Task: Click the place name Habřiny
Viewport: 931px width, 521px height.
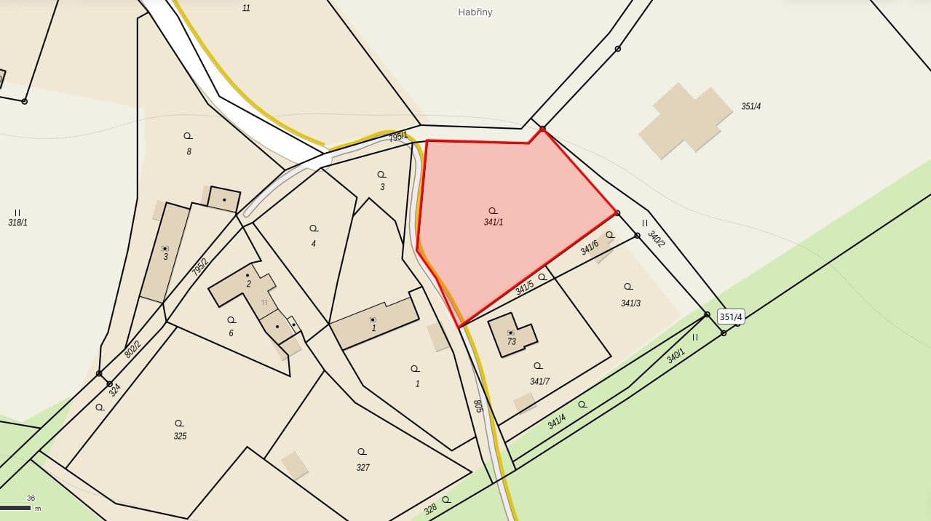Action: (475, 12)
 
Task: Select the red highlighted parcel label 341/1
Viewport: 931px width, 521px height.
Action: (494, 222)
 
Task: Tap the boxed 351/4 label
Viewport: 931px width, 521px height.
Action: (731, 317)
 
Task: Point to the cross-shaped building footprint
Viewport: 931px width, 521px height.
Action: (685, 120)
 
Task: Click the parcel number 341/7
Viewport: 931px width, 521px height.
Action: (539, 381)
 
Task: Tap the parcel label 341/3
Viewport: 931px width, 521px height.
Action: (630, 303)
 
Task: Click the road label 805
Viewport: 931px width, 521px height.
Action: (478, 406)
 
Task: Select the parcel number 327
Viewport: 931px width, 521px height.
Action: (363, 467)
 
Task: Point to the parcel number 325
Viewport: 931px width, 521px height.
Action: (180, 436)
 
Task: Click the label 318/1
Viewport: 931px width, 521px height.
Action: (17, 222)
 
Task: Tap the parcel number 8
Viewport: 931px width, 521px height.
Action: (189, 151)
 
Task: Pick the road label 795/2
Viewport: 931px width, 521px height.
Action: (199, 267)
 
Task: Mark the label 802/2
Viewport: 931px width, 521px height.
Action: (132, 349)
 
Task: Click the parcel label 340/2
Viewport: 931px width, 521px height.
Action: (656, 239)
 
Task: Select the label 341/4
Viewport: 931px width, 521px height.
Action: (557, 421)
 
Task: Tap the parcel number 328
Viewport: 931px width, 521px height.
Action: (430, 509)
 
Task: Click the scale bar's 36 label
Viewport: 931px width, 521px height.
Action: (31, 498)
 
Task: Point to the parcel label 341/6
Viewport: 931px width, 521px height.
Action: (589, 247)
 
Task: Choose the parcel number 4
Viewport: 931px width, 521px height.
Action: (314, 244)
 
